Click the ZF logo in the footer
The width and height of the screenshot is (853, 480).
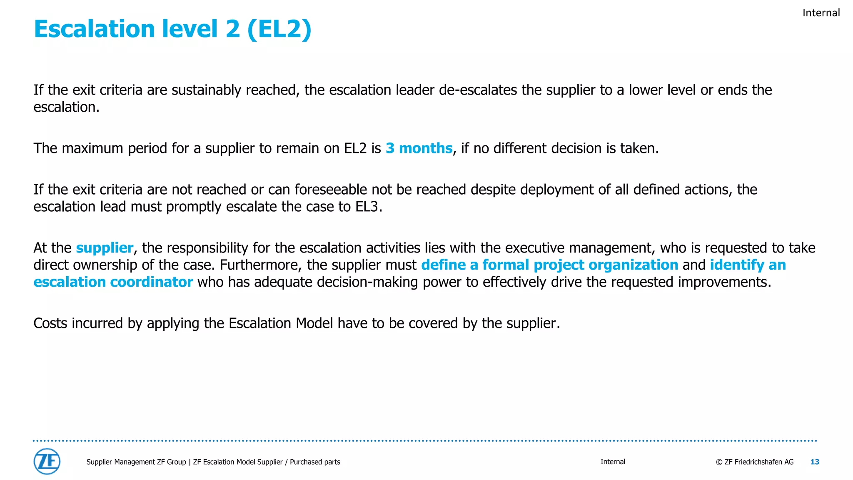[47, 461]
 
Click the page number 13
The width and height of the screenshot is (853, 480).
[815, 462]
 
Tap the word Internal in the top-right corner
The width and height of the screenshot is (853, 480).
[821, 13]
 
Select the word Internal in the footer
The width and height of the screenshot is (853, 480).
[613, 462]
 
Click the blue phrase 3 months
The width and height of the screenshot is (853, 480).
[419, 148]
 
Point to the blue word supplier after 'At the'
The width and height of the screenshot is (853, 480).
[105, 248]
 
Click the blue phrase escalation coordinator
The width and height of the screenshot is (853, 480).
[113, 282]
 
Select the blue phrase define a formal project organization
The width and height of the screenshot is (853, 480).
[549, 265]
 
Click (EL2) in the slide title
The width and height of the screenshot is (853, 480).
[279, 29]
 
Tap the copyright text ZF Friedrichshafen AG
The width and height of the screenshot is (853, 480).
[755, 462]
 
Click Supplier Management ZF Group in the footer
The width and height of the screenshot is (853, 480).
[136, 462]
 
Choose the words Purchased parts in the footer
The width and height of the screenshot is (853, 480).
[315, 462]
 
